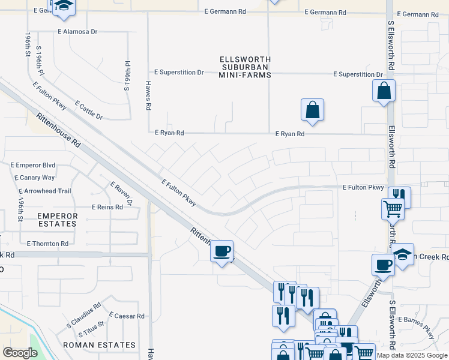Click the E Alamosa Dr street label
(x=77, y=32)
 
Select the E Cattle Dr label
(x=89, y=110)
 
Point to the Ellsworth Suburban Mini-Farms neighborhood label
(x=245, y=67)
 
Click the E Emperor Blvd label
(x=33, y=165)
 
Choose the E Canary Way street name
(x=33, y=178)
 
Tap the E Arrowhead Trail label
(x=40, y=191)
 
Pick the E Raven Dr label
(x=121, y=193)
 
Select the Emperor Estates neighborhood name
(x=57, y=220)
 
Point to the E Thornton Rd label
(x=47, y=244)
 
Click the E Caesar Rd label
(x=127, y=316)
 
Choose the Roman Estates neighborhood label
(x=100, y=345)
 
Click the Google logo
(x=20, y=353)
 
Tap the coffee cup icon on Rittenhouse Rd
(x=222, y=251)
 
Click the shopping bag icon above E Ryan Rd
(x=312, y=110)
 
